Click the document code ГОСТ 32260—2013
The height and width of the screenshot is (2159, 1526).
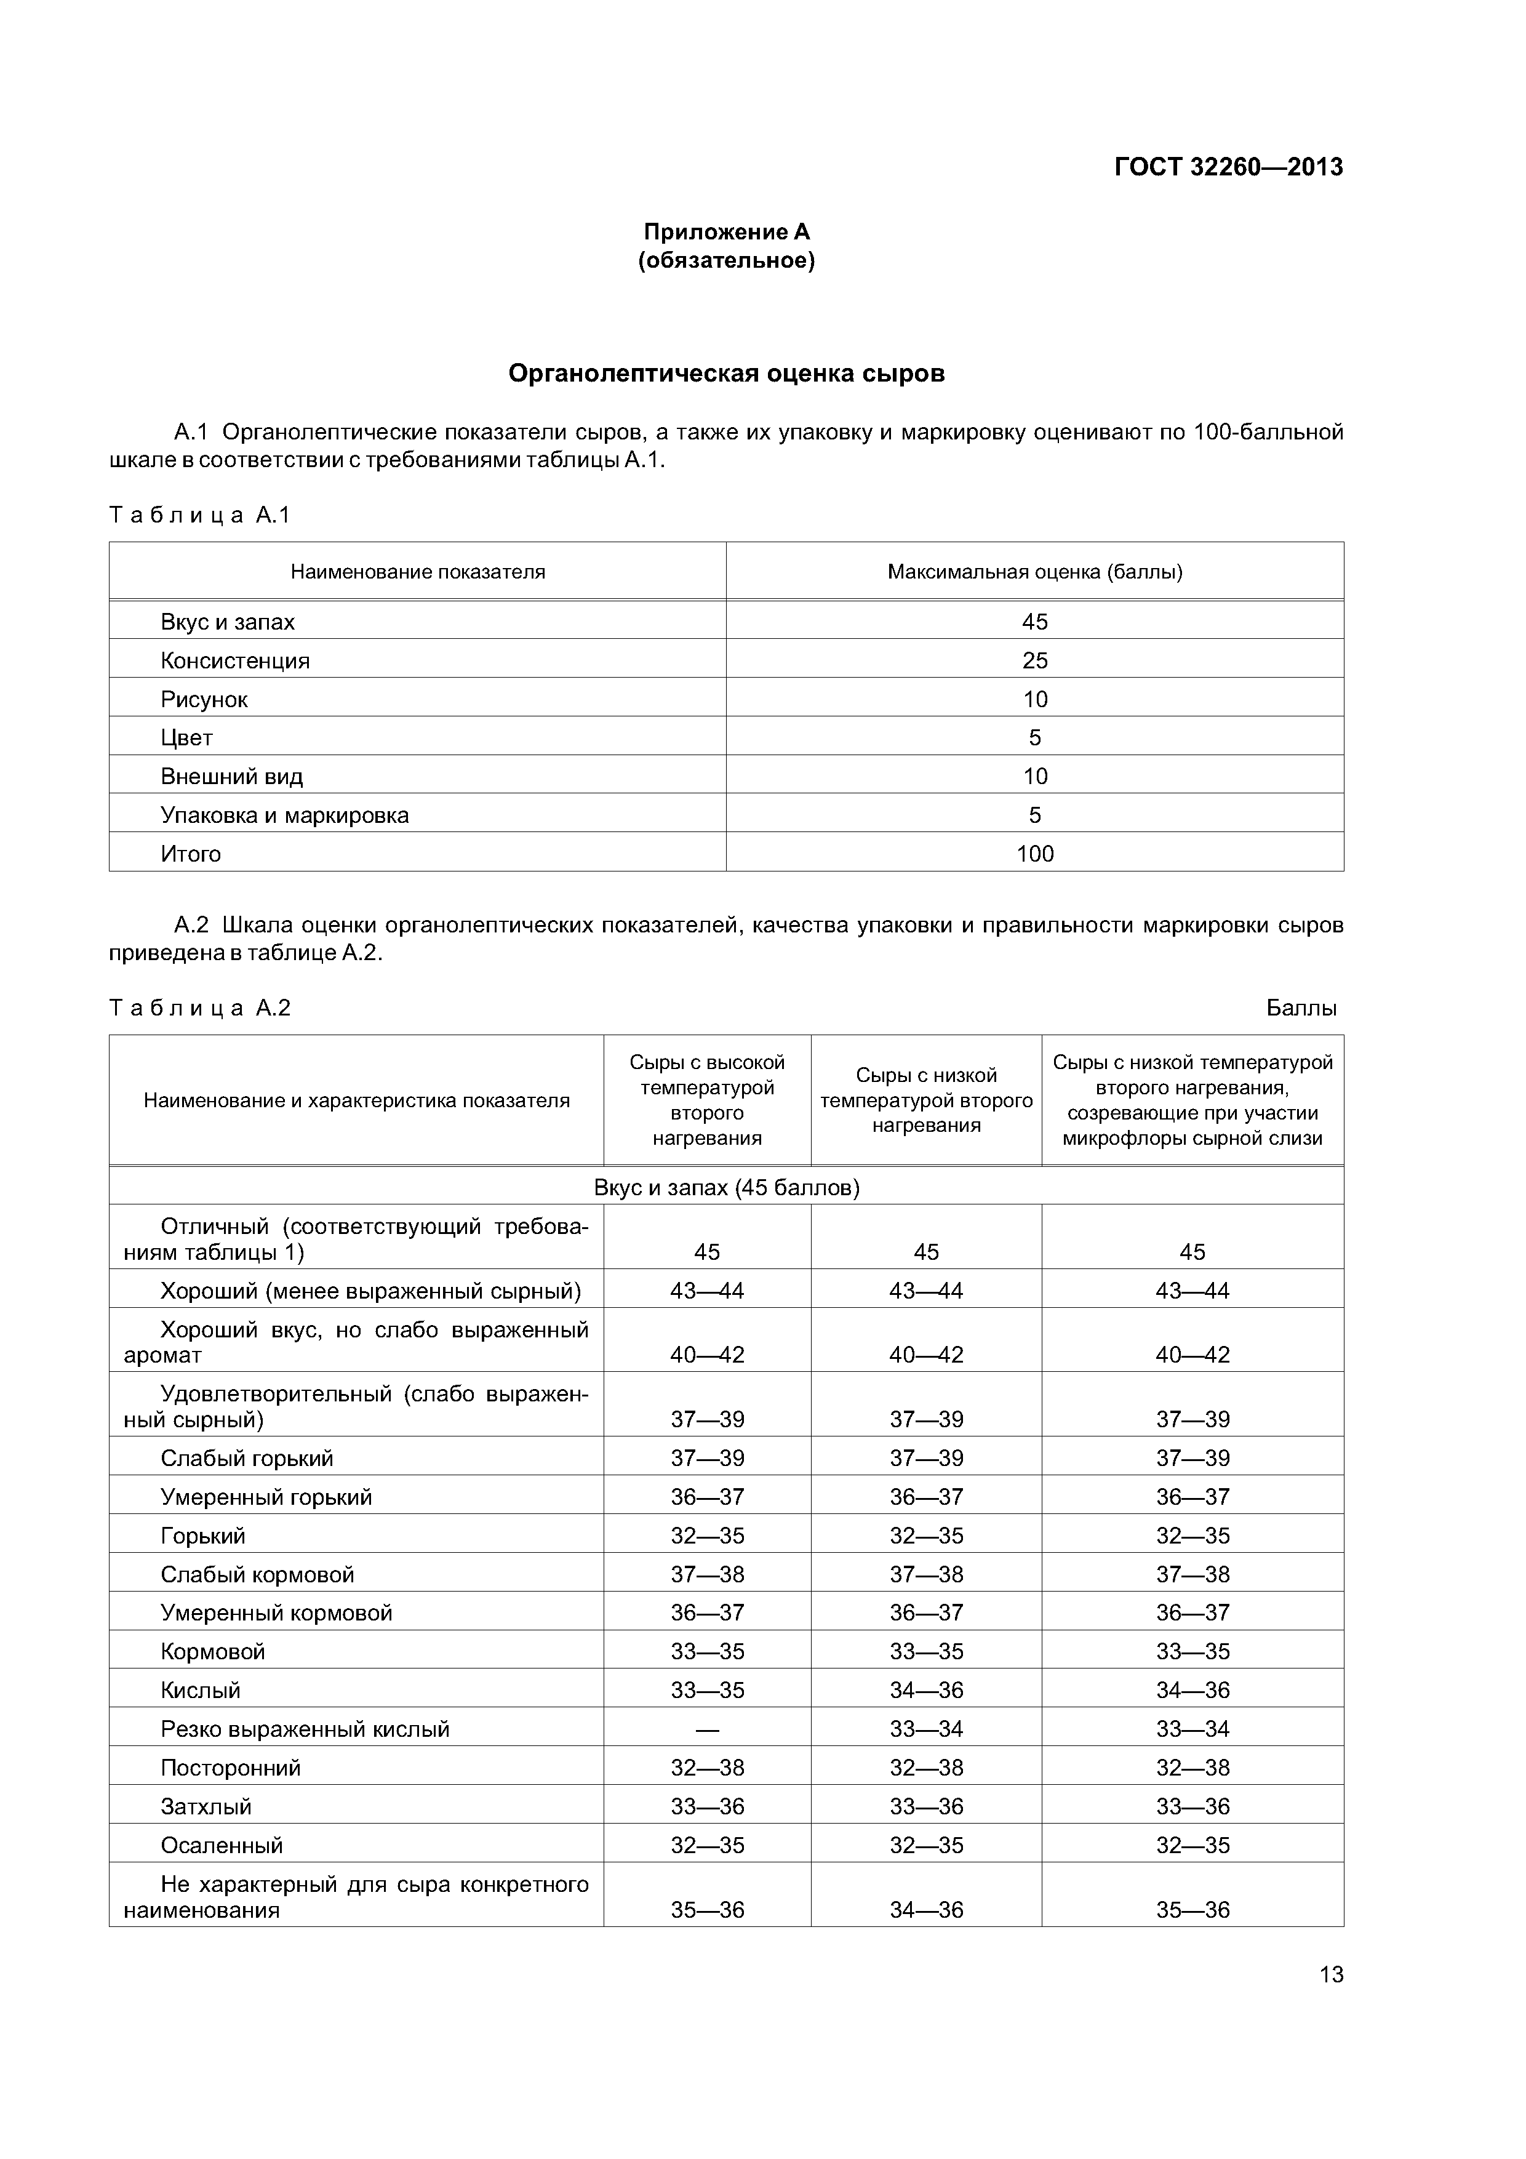point(1228,167)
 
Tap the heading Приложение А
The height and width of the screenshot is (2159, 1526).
point(726,231)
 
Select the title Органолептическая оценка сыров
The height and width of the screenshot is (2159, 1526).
point(726,374)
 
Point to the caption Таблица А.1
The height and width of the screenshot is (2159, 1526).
point(200,515)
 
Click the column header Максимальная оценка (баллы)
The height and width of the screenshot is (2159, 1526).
point(1034,572)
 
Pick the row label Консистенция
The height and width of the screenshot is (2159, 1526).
point(235,660)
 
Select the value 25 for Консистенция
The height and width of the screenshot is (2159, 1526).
point(1034,660)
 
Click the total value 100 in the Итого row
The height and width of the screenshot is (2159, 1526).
point(1034,854)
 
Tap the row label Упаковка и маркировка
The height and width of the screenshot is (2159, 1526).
point(285,815)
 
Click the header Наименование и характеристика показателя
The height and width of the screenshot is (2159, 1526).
point(356,1100)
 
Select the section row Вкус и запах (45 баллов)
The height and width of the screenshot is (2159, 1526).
point(726,1188)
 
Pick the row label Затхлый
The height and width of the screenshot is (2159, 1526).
point(206,1806)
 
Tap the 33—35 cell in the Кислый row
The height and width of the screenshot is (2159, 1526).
point(707,1691)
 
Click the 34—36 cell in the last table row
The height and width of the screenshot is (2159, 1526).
point(926,1910)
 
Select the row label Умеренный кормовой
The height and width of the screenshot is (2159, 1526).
point(276,1612)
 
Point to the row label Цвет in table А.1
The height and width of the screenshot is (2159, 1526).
point(186,738)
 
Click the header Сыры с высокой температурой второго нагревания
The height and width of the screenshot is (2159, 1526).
point(707,1100)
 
